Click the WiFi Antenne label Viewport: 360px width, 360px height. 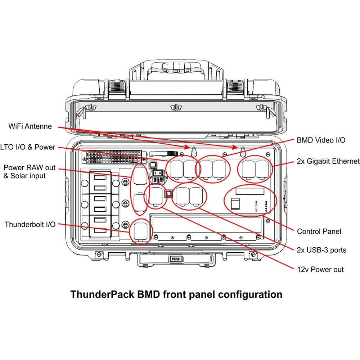point(30,126)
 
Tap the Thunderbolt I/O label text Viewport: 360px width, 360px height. point(30,225)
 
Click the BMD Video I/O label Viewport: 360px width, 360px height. point(321,140)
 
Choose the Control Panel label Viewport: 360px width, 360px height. point(319,231)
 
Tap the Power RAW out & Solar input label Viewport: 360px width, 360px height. point(30,172)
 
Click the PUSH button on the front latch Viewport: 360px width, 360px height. point(175,258)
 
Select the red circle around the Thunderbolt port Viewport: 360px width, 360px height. point(139,232)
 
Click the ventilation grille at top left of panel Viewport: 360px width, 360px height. point(114,156)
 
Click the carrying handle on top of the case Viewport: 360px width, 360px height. point(175,68)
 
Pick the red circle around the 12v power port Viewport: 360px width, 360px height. point(155,196)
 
